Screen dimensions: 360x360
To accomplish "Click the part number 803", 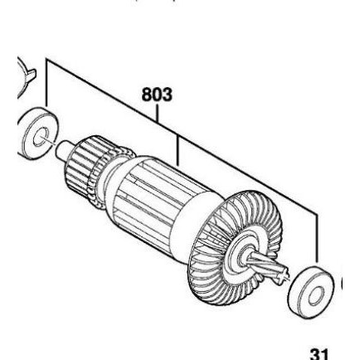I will tap(157, 94).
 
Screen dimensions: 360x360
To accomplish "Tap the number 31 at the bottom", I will tap(320, 352).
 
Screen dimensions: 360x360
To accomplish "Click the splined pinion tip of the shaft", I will tap(278, 270).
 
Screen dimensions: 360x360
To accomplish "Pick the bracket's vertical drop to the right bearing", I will tap(316, 241).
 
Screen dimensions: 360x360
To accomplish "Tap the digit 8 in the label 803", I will tap(147, 94).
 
